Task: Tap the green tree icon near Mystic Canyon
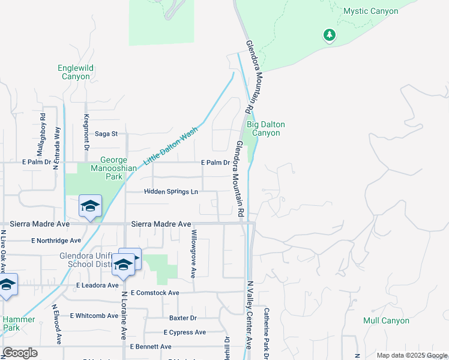(329, 36)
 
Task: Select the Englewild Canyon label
(76, 72)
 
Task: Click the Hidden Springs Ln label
(171, 192)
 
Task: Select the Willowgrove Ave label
(193, 253)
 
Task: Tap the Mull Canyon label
(386, 320)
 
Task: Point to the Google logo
(20, 352)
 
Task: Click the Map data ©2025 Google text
(412, 356)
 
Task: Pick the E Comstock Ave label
(154, 293)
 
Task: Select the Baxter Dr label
(183, 318)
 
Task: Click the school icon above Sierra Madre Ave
(90, 206)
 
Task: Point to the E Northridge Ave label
(56, 241)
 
